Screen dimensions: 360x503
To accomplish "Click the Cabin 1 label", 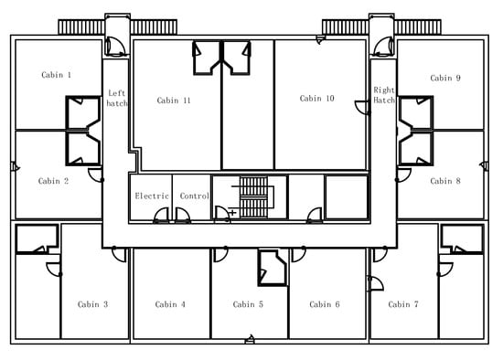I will pyautogui.click(x=57, y=75).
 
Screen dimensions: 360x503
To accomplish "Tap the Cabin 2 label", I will pyautogui.click(x=53, y=181).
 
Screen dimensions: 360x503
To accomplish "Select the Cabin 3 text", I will pyautogui.click(x=92, y=304).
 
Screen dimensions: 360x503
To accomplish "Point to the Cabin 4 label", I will pyautogui.click(x=170, y=304).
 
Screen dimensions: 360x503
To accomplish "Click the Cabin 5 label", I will pyautogui.click(x=248, y=304).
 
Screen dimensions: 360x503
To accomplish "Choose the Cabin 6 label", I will pyautogui.click(x=325, y=304).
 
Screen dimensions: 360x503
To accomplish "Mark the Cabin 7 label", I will pyautogui.click(x=403, y=304).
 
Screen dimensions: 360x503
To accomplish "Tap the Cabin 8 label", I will pyautogui.click(x=445, y=181).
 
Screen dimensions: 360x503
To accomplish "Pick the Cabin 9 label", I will pyautogui.click(x=445, y=79).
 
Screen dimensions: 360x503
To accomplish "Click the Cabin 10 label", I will pyautogui.click(x=316, y=99).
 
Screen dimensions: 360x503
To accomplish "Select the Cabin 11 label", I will pyautogui.click(x=174, y=101).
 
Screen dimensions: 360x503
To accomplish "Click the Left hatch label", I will pyautogui.click(x=117, y=98).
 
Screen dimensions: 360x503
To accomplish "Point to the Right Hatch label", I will pyautogui.click(x=384, y=95).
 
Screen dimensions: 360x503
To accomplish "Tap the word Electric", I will pyautogui.click(x=152, y=196).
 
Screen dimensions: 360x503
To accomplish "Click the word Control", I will pyautogui.click(x=195, y=196).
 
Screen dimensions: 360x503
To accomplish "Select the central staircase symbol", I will pyautogui.click(x=252, y=196).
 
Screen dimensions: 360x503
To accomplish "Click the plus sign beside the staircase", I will pyautogui.click(x=232, y=213).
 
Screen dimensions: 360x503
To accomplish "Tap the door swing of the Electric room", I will pyautogui.click(x=161, y=216).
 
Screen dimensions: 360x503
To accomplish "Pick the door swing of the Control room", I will pyautogui.click(x=183, y=216).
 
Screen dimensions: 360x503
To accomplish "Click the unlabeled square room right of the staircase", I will pyautogui.click(x=347, y=196).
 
